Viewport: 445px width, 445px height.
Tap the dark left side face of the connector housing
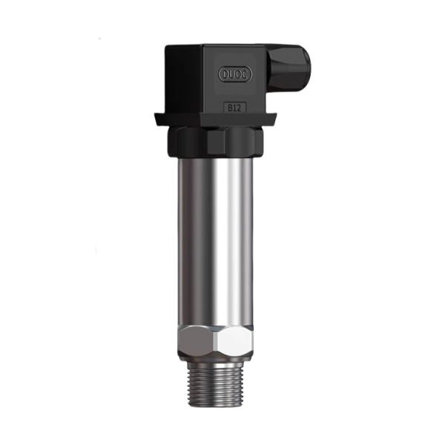181,78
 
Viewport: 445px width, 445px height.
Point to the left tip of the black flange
156,116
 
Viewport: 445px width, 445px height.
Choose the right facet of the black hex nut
245,141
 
